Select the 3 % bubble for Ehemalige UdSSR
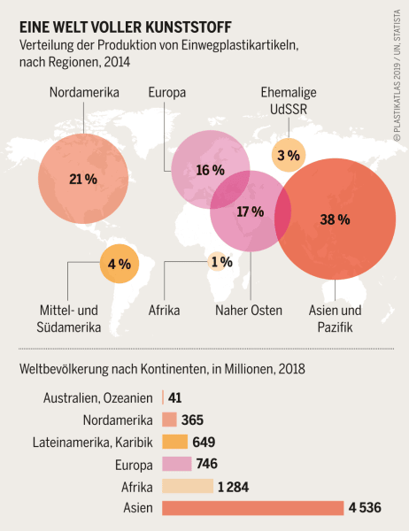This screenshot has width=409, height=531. pyautogui.click(x=288, y=156)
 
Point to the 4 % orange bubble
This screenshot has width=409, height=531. pyautogui.click(x=119, y=263)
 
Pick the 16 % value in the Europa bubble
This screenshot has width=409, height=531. pyautogui.click(x=209, y=170)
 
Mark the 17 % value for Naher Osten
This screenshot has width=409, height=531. pyautogui.click(x=251, y=212)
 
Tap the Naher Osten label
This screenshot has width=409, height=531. pyautogui.click(x=249, y=311)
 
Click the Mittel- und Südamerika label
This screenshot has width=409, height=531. pyautogui.click(x=82, y=319)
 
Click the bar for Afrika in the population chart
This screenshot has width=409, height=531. pyautogui.click(x=188, y=486)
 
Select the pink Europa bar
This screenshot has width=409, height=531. pyautogui.click(x=177, y=464)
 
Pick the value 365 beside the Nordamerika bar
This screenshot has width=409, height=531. pyautogui.click(x=194, y=419)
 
